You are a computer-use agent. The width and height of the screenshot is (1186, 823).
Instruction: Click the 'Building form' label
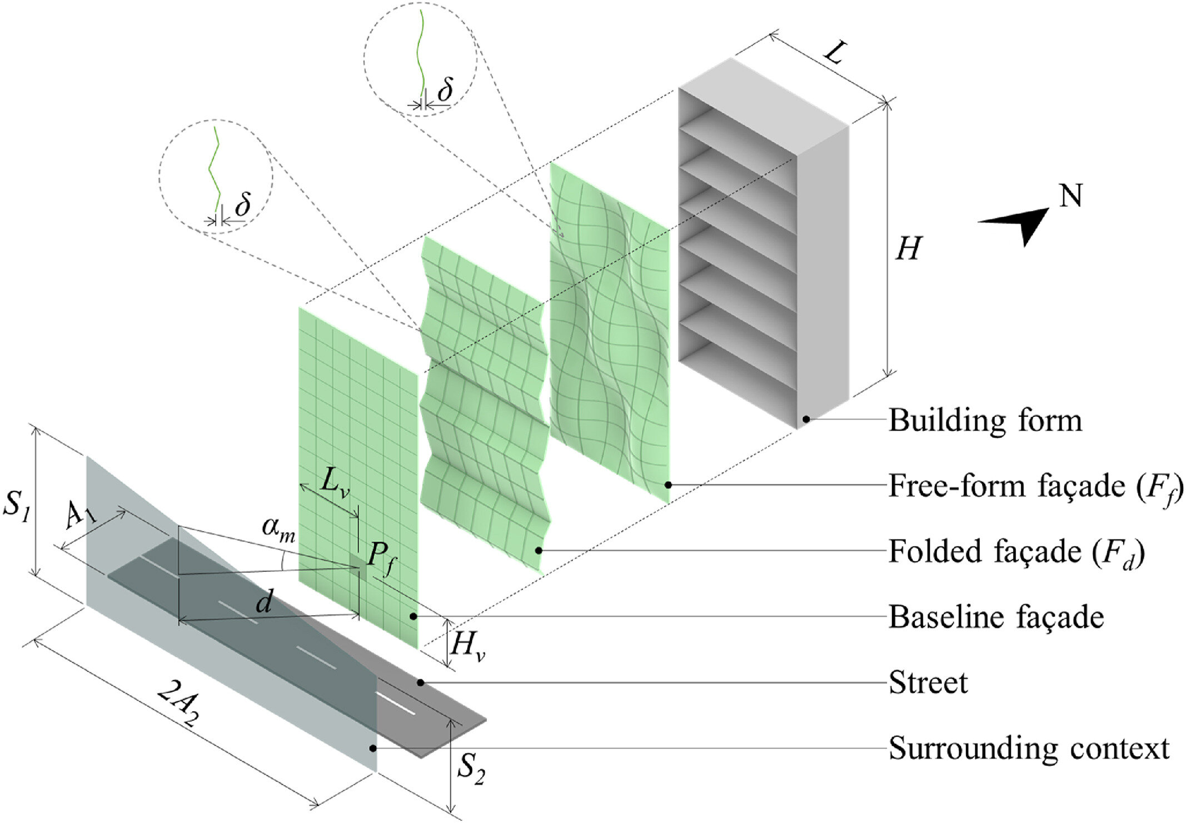point(985,421)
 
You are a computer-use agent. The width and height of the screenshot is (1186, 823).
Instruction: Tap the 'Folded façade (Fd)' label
point(1016,552)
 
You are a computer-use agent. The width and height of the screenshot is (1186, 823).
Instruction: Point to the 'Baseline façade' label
point(996,617)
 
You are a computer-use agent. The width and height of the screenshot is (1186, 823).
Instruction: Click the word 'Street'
point(928,683)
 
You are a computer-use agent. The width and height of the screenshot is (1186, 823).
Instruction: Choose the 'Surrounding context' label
point(1029,749)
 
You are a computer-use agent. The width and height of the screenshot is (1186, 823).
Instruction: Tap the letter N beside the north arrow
point(1070,196)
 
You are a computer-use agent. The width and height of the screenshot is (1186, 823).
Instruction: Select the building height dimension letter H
point(909,248)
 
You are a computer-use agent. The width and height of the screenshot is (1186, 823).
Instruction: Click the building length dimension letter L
point(834,53)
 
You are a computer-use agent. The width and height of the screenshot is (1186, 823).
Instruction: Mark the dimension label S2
point(471,770)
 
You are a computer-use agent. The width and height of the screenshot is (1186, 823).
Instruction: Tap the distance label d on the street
point(264,601)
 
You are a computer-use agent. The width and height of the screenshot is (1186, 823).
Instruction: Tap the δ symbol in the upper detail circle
point(445,89)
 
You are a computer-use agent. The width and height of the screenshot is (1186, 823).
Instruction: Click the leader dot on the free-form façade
point(669,485)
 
